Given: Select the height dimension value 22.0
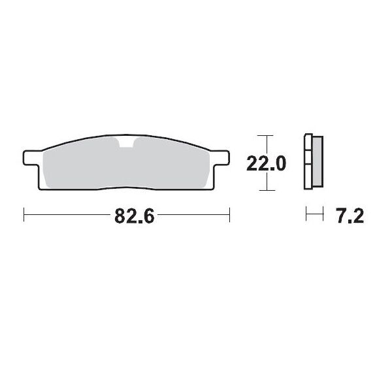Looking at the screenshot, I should coord(267,163).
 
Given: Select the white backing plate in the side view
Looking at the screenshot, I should coord(308,163).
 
